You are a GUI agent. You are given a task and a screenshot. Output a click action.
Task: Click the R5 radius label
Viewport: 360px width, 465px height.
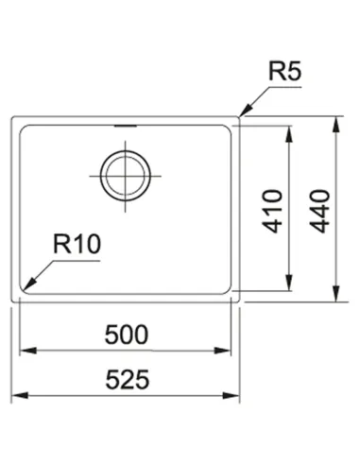point(284,72)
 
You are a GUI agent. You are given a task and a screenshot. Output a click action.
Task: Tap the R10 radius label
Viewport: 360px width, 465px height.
point(77,246)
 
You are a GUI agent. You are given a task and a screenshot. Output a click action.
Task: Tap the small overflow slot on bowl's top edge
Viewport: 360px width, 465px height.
point(124,124)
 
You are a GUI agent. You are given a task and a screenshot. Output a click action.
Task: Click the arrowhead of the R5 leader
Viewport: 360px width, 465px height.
point(243,112)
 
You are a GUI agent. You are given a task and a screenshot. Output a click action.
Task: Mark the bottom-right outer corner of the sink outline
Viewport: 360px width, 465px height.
point(240,301)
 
